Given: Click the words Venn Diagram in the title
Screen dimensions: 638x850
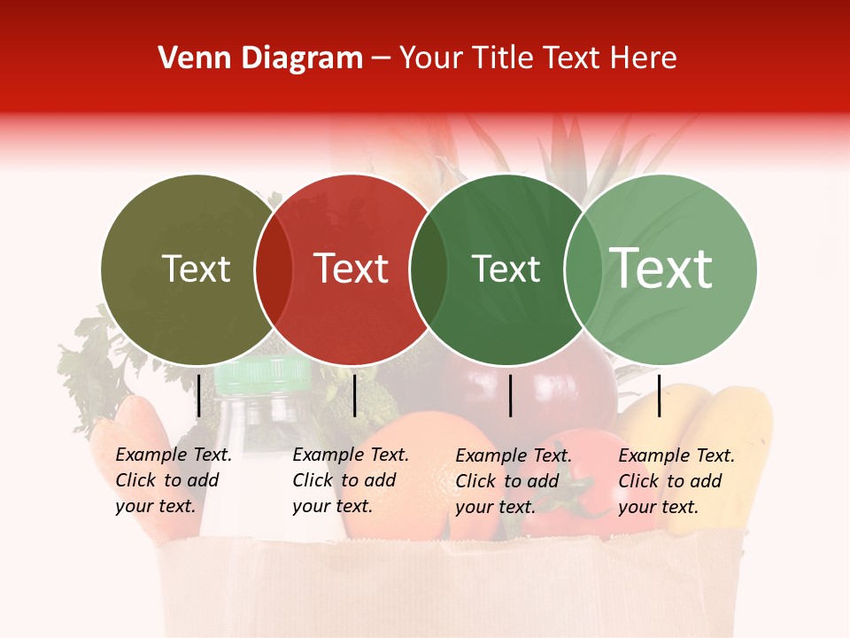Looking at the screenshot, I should (260, 58).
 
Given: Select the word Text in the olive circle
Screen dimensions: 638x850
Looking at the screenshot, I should (196, 269).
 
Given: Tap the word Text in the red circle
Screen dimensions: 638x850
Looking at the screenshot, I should (352, 269).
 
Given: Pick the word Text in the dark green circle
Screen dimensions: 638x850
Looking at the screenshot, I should (506, 269).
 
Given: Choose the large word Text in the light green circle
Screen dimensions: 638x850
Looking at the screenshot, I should (661, 268).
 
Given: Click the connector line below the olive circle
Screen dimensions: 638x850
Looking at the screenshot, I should (198, 395).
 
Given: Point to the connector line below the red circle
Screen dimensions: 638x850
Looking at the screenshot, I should (354, 395).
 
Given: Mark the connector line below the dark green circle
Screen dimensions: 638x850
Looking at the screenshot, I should (511, 395).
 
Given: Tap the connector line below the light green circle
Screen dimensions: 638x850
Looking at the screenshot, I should (659, 395).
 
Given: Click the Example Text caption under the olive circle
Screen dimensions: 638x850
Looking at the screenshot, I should (174, 480).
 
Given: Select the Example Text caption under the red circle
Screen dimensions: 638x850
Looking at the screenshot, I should (351, 480).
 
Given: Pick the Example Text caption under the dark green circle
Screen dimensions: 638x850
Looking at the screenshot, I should (514, 481).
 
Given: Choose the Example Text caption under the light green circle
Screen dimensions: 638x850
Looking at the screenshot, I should (676, 481).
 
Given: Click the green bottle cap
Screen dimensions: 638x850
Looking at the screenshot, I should (263, 377).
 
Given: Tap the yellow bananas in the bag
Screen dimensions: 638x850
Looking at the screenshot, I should (708, 443).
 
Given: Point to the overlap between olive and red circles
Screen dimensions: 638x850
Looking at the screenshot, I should (274, 269).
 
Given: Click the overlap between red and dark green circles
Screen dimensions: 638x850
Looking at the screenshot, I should (429, 269).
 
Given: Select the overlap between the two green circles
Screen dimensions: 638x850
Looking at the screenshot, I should (583, 269).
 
